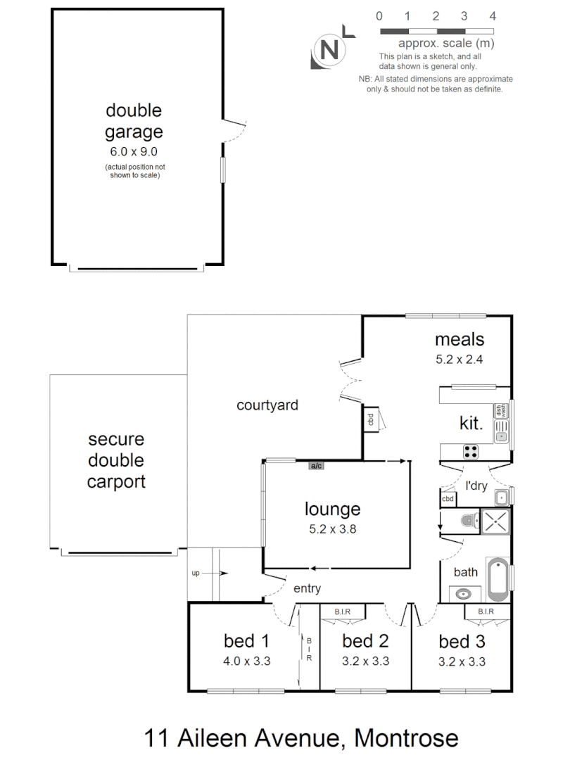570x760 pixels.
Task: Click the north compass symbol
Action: pos(329,51)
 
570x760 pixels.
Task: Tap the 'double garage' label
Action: pos(134,121)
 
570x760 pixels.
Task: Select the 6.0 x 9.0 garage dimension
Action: pos(134,151)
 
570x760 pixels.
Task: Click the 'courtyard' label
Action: pos(267,405)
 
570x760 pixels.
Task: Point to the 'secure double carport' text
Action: pos(116,460)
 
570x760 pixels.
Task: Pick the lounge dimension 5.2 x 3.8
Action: pos(332,530)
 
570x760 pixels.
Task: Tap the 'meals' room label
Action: pos(460,339)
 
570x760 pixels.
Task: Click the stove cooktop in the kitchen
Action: pos(470,450)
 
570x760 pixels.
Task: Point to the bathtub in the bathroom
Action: pos(498,575)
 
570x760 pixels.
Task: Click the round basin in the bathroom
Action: pos(463,594)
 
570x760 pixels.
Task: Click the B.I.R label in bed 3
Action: pos(486,612)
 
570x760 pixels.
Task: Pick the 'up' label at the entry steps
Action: pos(196,574)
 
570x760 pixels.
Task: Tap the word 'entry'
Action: pos(307,589)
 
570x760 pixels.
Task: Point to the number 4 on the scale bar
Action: pos(493,15)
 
